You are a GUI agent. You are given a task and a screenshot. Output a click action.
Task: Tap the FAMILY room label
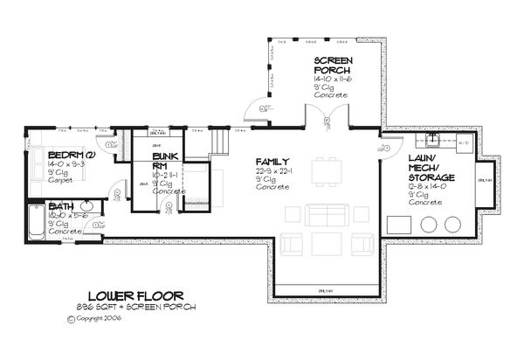268,162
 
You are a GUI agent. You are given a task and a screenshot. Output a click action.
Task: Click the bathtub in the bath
35,223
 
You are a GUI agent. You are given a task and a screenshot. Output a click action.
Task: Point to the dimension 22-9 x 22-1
272,171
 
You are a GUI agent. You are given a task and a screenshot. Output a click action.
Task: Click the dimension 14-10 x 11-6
334,80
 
